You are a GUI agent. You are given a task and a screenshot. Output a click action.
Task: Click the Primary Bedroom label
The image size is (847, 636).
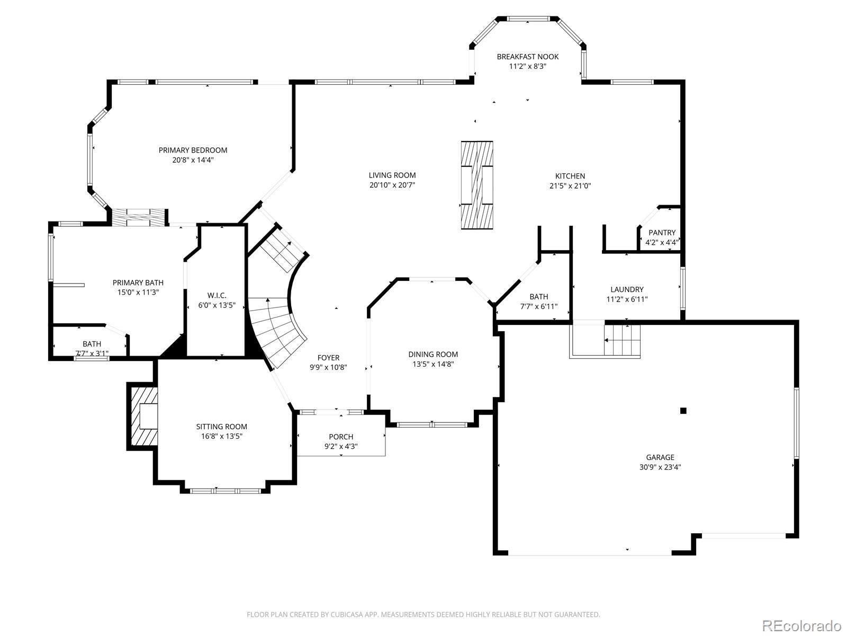click(x=193, y=150)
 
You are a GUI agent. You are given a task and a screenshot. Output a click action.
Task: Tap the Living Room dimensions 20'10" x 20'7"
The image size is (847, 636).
click(x=392, y=185)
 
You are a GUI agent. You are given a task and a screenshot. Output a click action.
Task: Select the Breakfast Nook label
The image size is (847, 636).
click(x=527, y=57)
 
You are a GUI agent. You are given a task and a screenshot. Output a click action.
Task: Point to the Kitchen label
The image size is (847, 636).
click(x=570, y=176)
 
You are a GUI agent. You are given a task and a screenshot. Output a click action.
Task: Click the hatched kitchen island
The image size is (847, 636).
click(x=477, y=185)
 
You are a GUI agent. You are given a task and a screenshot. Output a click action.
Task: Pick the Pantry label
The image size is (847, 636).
click(x=662, y=233)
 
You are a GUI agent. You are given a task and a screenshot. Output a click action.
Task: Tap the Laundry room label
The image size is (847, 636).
click(x=627, y=289)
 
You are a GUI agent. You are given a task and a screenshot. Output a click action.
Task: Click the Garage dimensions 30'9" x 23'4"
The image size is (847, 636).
click(x=660, y=467)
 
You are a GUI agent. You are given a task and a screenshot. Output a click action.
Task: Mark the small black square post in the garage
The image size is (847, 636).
click(x=683, y=410)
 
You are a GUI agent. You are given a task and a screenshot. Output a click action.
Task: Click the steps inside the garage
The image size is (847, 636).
click(x=621, y=340)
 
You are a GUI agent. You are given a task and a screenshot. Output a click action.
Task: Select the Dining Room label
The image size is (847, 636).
click(x=433, y=355)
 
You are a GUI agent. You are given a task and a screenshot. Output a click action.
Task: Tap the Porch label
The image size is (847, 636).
click(x=341, y=437)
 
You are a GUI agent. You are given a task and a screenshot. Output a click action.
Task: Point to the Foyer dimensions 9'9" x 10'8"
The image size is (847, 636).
click(x=328, y=367)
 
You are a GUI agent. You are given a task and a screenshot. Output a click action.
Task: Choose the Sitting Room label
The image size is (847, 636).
click(x=221, y=427)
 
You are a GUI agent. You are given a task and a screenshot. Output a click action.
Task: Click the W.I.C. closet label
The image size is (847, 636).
click(x=217, y=296)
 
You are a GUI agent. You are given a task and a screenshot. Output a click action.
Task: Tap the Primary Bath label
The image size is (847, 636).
click(x=138, y=282)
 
